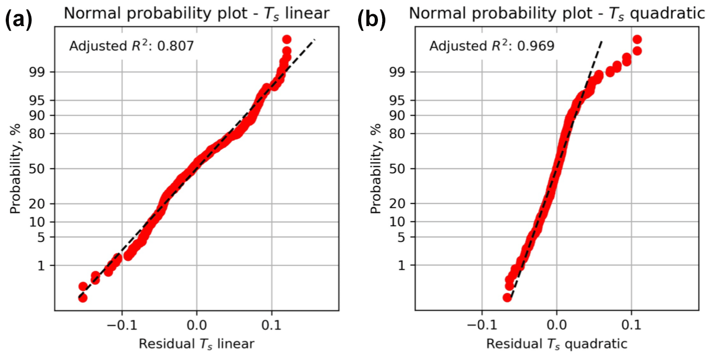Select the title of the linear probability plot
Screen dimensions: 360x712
pos(196,14)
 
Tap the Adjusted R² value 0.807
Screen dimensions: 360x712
pos(180,46)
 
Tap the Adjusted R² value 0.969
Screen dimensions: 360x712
pos(540,46)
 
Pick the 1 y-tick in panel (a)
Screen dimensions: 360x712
pos(45,266)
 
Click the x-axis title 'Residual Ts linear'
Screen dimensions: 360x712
pos(196,344)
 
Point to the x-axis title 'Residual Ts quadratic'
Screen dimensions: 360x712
pos(556,344)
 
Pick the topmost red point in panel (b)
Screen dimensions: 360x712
pos(637,40)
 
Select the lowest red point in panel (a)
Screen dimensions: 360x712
pos(82,298)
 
